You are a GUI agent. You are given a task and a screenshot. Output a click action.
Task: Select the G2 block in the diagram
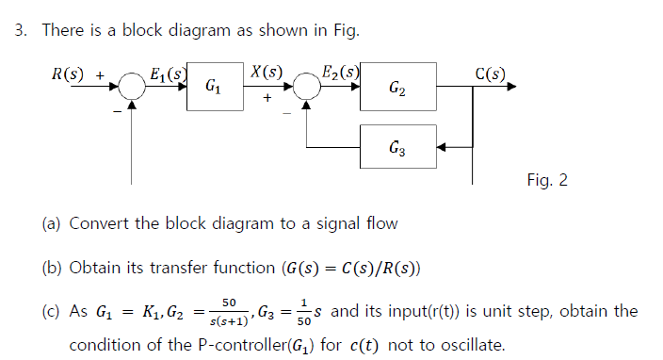click(397, 88)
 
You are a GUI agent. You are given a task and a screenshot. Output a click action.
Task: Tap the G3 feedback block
click(397, 147)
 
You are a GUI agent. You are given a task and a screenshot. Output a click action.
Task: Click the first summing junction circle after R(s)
click(132, 88)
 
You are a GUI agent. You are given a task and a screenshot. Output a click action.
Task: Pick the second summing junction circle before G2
click(306, 88)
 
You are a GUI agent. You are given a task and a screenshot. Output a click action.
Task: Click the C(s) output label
click(491, 73)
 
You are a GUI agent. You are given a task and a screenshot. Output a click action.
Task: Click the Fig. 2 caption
click(547, 179)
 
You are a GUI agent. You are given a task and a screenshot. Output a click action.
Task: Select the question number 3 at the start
click(19, 30)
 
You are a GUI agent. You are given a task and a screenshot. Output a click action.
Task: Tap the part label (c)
click(53, 312)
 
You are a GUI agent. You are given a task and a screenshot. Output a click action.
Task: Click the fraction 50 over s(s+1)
click(229, 312)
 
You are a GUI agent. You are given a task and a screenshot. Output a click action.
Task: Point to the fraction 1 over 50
click(304, 312)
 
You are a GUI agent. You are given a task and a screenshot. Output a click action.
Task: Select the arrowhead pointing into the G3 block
click(444, 147)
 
